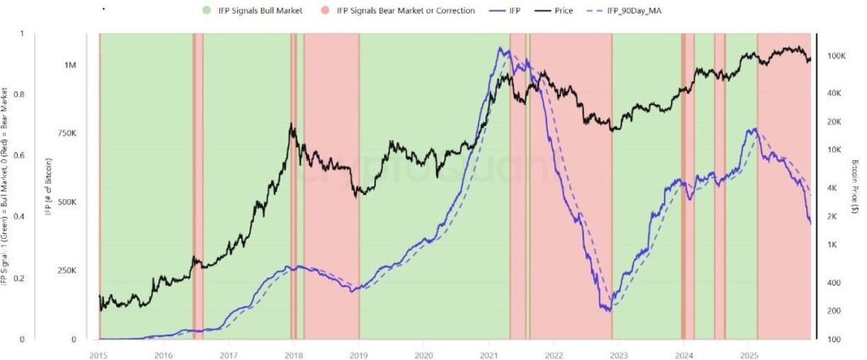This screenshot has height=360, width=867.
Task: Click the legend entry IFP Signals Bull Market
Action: tap(253, 10)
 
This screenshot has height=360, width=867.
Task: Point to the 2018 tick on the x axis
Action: tap(293, 354)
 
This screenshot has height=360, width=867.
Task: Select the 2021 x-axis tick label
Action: tap(489, 354)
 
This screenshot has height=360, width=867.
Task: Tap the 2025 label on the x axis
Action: tap(748, 354)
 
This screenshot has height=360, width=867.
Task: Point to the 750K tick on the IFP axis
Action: tap(69, 134)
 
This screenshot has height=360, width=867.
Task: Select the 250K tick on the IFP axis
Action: tap(69, 271)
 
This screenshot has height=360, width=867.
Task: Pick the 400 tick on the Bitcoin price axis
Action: tap(833, 283)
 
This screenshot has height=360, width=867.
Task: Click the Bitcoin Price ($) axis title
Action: tap(856, 186)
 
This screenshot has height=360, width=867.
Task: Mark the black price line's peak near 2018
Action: tap(291, 125)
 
